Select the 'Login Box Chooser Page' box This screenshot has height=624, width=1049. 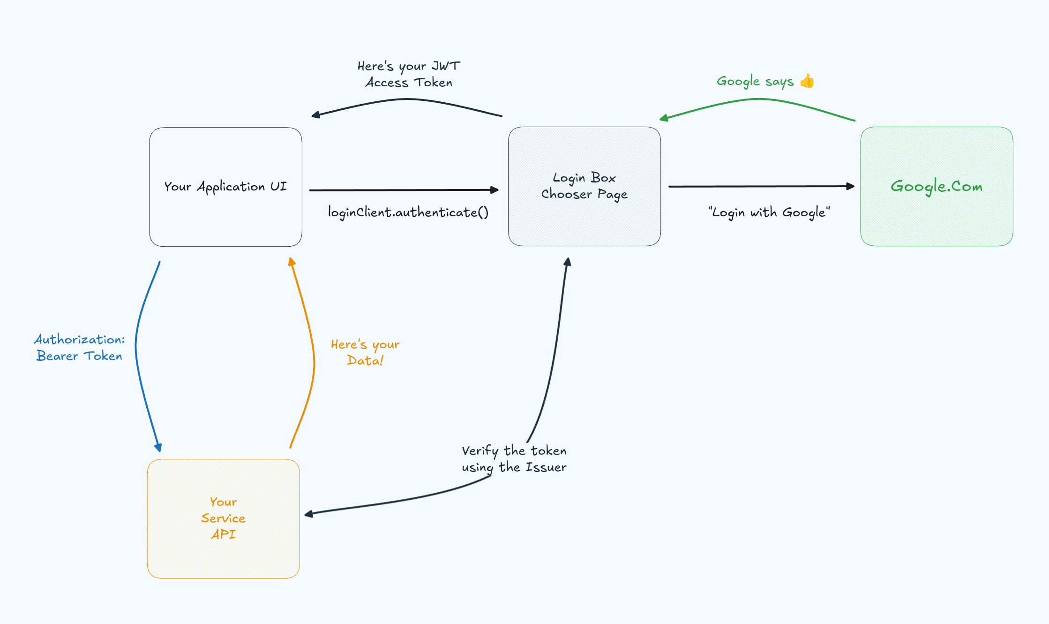584,221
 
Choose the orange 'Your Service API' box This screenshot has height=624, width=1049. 223,558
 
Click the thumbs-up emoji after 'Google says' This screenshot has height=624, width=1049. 807,81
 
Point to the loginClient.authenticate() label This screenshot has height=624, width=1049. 408,213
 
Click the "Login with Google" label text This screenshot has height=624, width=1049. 769,213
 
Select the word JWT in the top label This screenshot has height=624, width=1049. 446,66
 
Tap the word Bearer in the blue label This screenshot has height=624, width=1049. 57,356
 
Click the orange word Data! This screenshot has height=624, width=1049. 365,360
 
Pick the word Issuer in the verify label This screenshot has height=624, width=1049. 546,467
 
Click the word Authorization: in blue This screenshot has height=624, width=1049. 79,339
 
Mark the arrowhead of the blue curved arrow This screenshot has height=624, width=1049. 158,448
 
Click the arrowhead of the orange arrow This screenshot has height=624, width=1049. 291,261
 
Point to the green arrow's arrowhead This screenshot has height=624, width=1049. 663,118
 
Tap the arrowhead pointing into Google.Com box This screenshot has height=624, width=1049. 851,186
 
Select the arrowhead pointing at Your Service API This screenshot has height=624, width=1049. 308,515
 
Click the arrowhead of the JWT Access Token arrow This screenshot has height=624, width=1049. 315,115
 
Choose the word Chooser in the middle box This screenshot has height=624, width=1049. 566,194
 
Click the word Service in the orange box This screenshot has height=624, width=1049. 223,518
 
